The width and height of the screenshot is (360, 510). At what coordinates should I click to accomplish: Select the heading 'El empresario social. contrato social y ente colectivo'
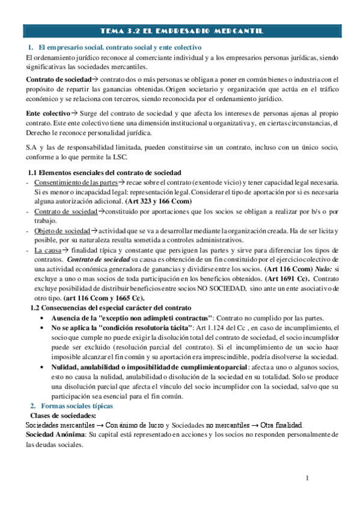click(x=119, y=47)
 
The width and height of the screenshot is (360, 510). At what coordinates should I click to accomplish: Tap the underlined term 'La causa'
click(x=47, y=250)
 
